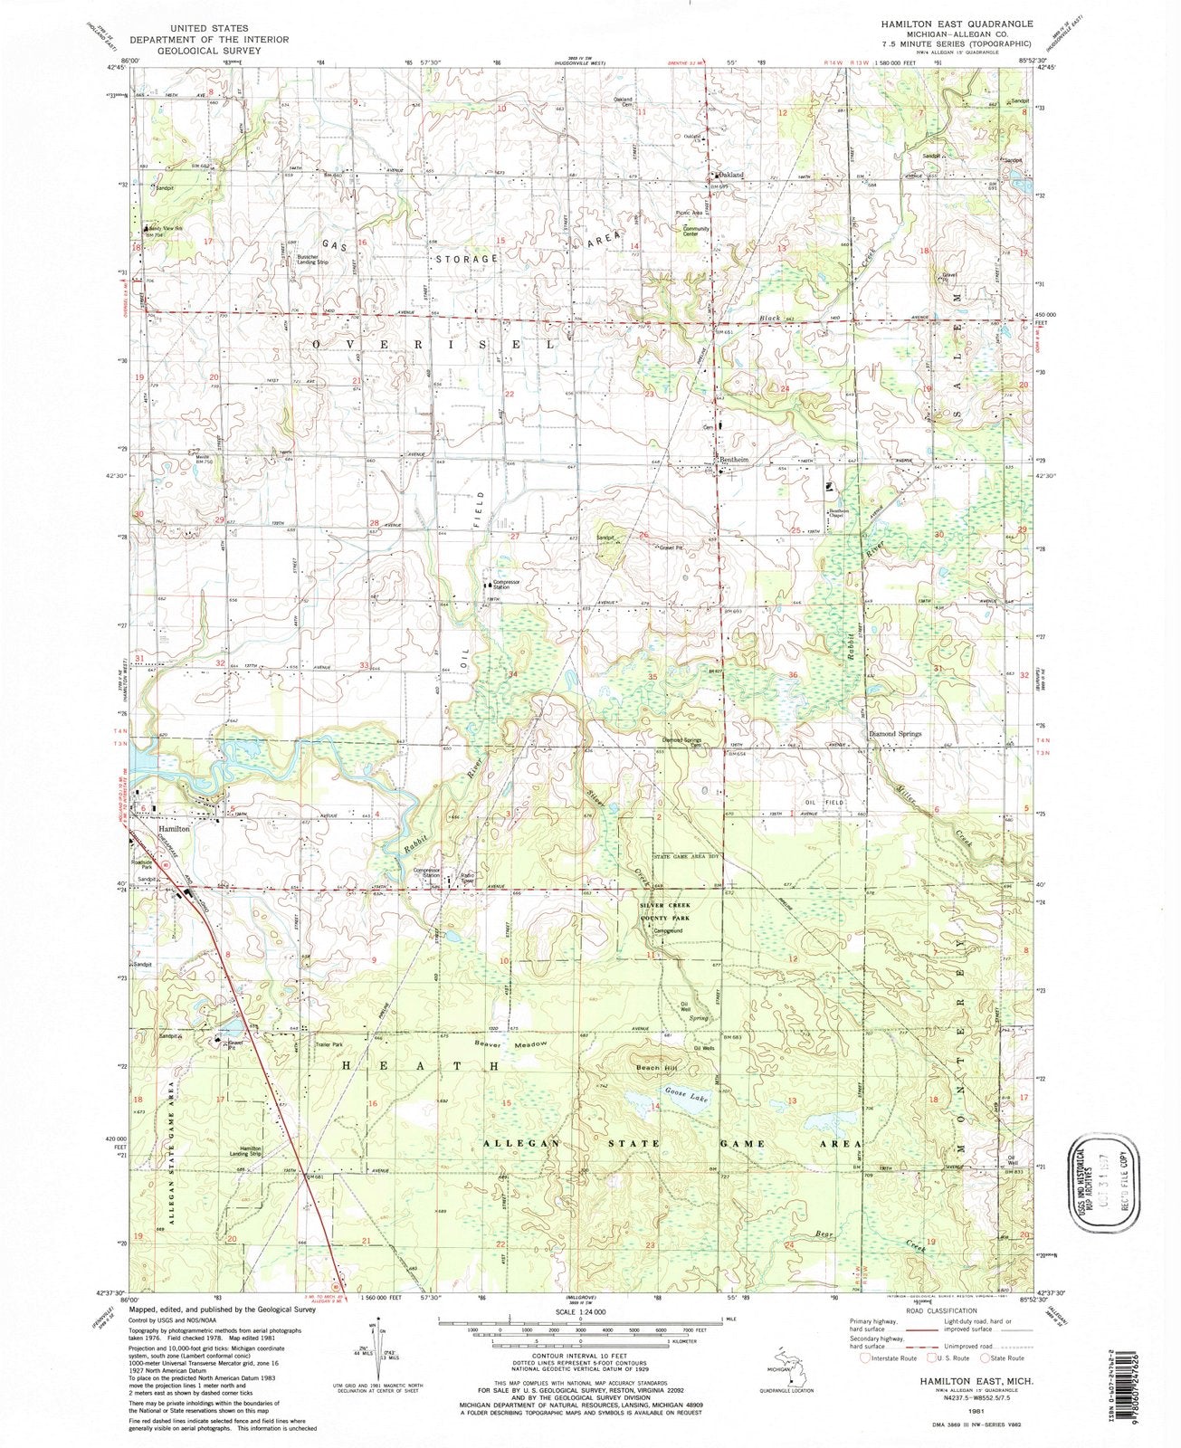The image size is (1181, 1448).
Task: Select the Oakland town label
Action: click(x=731, y=175)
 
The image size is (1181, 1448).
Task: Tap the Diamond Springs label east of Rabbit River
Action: click(x=895, y=734)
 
